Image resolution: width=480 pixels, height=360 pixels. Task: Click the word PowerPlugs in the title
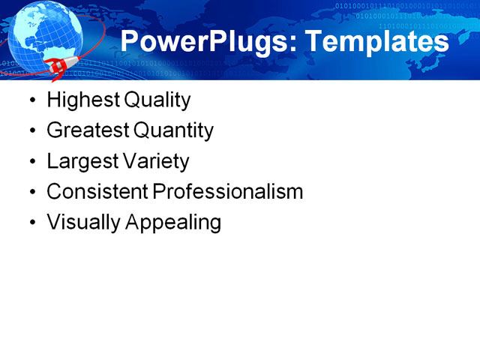click(x=202, y=42)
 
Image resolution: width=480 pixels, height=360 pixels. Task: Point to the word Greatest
click(x=87, y=131)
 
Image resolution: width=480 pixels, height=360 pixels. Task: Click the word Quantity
click(x=173, y=131)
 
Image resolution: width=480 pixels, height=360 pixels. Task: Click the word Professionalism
click(x=228, y=192)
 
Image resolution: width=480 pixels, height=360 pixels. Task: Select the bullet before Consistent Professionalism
click(x=31, y=193)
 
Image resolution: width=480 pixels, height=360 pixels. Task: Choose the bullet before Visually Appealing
click(x=31, y=223)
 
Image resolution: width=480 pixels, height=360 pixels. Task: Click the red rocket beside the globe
click(x=58, y=69)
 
